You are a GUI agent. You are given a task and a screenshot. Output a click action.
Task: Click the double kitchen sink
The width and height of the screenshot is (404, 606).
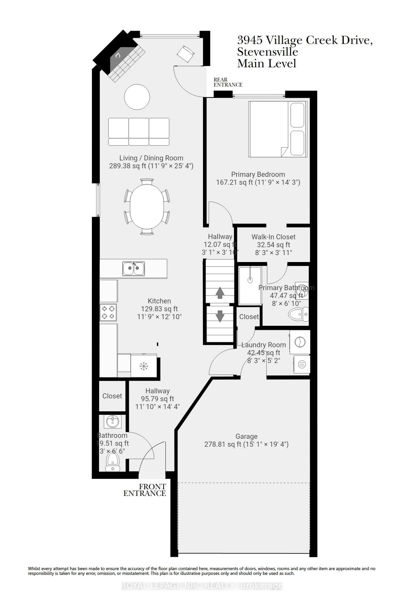134,269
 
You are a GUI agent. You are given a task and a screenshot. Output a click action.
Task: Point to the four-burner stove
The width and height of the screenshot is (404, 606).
108,312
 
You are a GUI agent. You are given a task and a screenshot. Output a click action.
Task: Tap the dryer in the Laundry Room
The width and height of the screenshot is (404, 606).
301,364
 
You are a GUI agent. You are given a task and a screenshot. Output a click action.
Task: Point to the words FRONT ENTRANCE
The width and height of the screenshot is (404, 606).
145,490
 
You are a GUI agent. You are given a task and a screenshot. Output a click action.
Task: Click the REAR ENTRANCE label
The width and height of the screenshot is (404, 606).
228,82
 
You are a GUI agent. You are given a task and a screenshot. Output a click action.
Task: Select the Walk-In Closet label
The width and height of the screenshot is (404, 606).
273,237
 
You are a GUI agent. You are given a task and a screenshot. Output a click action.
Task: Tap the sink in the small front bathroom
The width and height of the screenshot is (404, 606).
112,422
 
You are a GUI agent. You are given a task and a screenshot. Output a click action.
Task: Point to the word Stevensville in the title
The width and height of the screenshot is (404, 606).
267,52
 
